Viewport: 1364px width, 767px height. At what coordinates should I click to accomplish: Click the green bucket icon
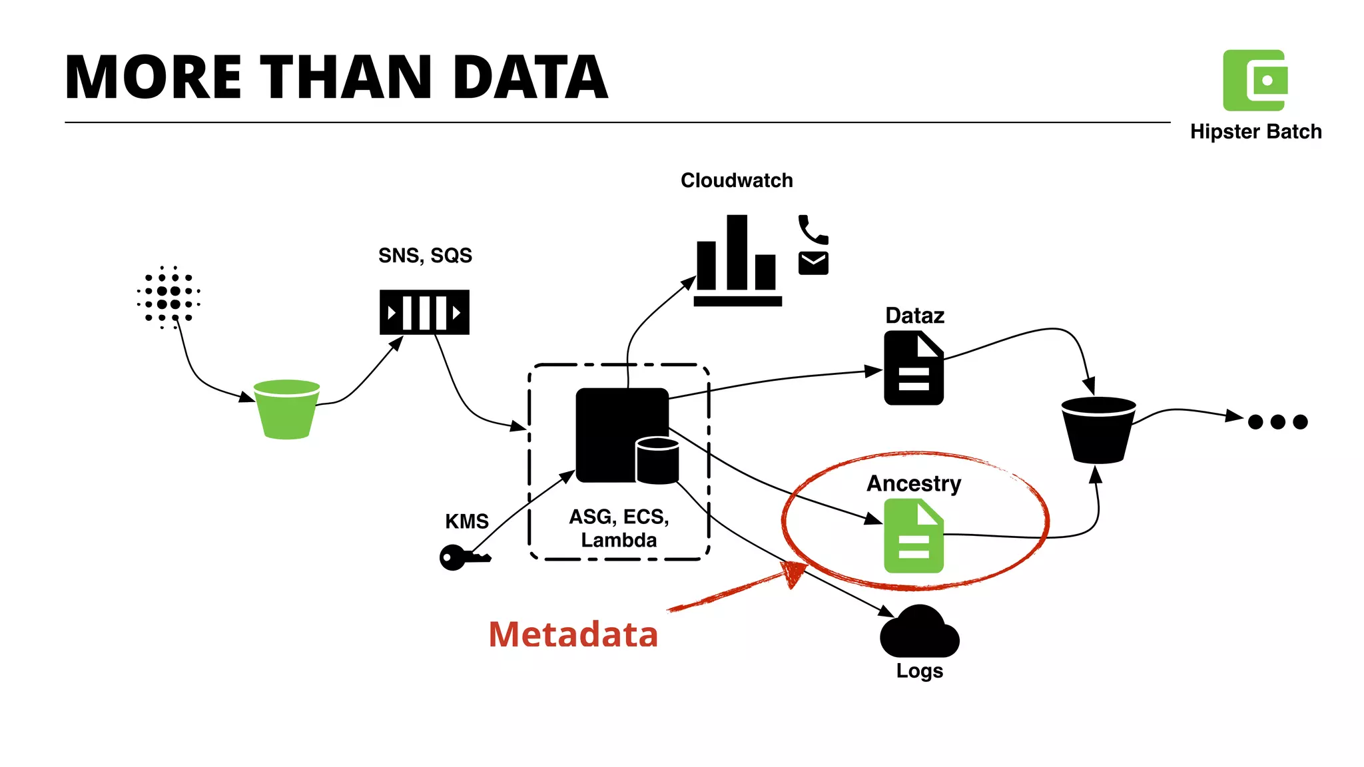tap(287, 409)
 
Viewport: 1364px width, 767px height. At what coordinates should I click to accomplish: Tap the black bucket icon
tap(1098, 430)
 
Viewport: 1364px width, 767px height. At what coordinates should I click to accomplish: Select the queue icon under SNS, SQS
tap(424, 312)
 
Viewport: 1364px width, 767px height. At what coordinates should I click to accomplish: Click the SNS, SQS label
tap(425, 256)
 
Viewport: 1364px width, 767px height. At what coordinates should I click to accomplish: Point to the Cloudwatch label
tap(737, 180)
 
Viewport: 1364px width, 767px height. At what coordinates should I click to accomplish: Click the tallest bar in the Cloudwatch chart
tap(737, 253)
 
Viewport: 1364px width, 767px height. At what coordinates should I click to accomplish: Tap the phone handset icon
tap(813, 230)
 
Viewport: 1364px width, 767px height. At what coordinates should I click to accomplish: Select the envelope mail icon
tap(813, 263)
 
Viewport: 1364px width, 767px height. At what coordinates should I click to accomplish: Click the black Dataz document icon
tap(913, 369)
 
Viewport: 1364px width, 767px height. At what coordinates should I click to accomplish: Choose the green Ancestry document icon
tap(913, 537)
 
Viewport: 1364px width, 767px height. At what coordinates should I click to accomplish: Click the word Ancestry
tap(914, 483)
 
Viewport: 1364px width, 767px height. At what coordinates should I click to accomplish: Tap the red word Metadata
tap(573, 635)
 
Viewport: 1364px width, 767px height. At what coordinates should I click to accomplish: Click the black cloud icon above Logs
tap(919, 633)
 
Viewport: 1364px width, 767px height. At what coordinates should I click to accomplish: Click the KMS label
tap(467, 521)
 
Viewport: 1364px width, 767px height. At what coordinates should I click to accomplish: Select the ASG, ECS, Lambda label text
tap(619, 528)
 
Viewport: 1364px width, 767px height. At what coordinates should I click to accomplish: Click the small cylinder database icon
tap(657, 461)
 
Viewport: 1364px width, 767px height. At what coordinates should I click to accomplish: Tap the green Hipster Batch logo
tap(1255, 81)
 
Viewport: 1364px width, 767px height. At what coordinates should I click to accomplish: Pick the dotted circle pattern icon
tap(169, 298)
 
